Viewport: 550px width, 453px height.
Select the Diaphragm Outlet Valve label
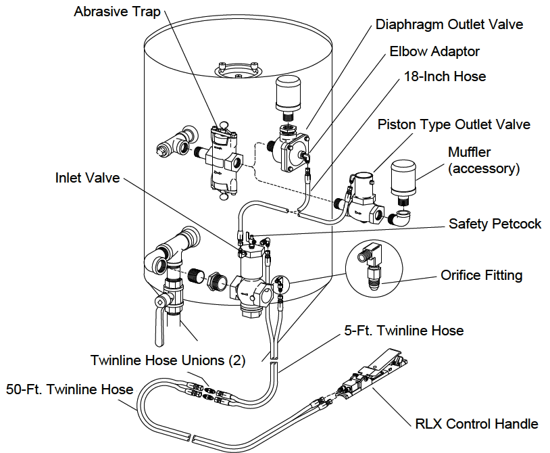[x=449, y=25]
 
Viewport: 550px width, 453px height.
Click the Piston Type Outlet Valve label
[x=453, y=124]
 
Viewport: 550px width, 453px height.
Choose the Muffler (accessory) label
[x=484, y=160]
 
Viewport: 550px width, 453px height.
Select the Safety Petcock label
[x=495, y=223]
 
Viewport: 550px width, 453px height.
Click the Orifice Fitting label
[x=481, y=275]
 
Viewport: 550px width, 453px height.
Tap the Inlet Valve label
[x=87, y=178]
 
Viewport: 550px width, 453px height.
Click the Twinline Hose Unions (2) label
[x=168, y=360]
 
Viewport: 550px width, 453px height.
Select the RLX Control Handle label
[x=476, y=424]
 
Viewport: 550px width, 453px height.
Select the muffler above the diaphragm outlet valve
[x=291, y=94]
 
